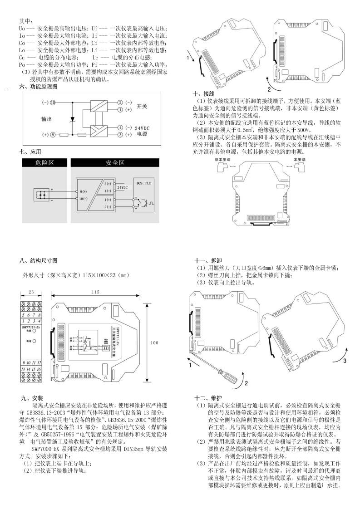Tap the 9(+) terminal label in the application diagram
(x=84, y=191)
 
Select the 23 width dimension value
(x=31, y=292)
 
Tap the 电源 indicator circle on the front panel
(x=34, y=332)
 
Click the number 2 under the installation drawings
(x=269, y=89)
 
